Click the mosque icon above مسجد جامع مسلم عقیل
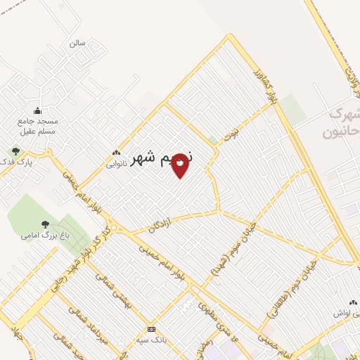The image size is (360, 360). click(x=38, y=110)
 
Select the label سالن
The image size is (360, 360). click(x=77, y=43)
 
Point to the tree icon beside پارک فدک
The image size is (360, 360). click(x=15, y=150)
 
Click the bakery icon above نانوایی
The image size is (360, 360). click(x=115, y=153)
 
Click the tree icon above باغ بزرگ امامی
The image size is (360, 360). click(x=45, y=225)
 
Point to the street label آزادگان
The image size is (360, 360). click(x=161, y=226)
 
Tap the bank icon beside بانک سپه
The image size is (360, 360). click(x=151, y=329)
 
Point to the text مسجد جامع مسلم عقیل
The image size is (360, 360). click(x=38, y=125)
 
